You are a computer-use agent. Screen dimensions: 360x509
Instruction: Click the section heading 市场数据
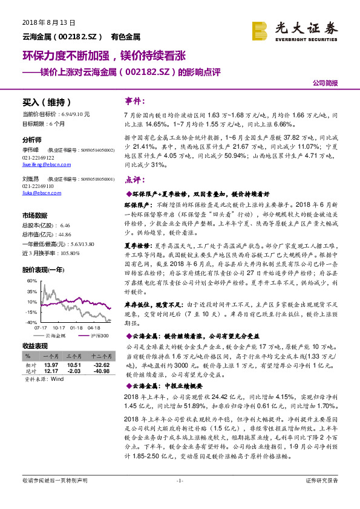[x=34, y=215]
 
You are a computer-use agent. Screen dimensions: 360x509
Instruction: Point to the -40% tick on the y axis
[x=31, y=322]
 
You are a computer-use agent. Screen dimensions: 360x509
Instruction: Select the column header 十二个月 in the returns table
[x=100, y=357]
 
